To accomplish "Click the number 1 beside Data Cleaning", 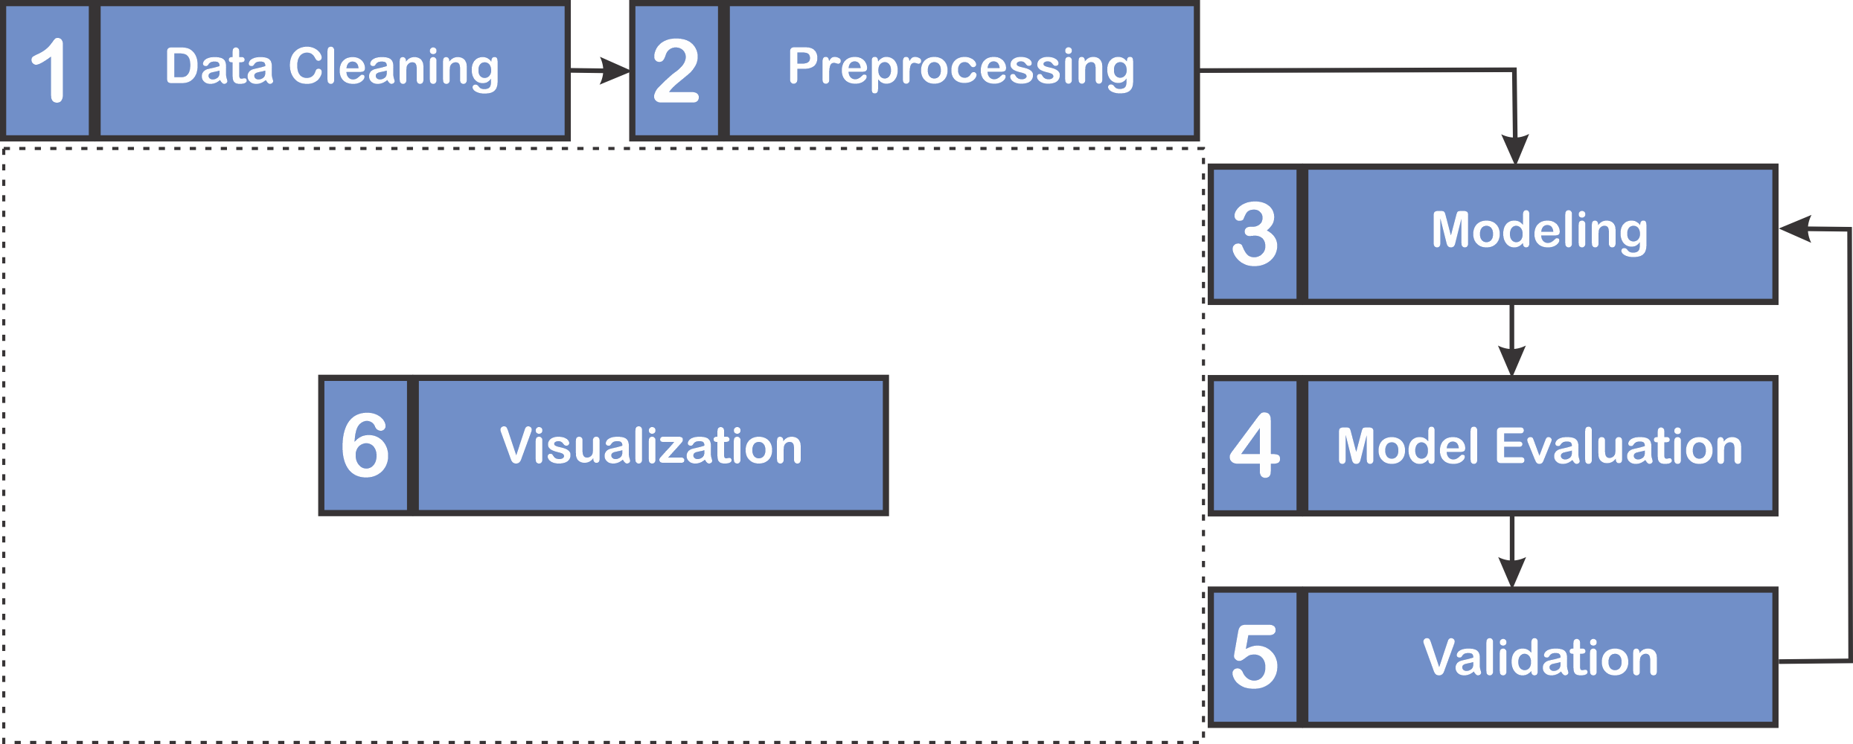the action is tap(48, 70).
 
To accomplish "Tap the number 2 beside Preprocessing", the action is tap(676, 71).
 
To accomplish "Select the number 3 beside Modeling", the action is tap(1255, 234).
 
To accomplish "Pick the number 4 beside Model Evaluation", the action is tap(1255, 445).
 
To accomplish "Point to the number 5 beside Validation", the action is tap(1255, 656).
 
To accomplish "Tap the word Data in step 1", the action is tap(220, 66).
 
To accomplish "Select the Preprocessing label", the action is tap(961, 68).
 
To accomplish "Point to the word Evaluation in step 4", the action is tap(1619, 446).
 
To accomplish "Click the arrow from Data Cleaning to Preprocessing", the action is tap(600, 71).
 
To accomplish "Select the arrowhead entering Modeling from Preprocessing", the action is tap(1515, 150).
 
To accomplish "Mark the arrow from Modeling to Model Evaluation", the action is tap(1511, 340).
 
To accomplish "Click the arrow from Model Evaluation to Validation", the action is tap(1511, 551).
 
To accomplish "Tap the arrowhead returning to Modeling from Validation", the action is tap(1795, 228).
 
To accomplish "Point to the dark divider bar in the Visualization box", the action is tap(413, 445).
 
